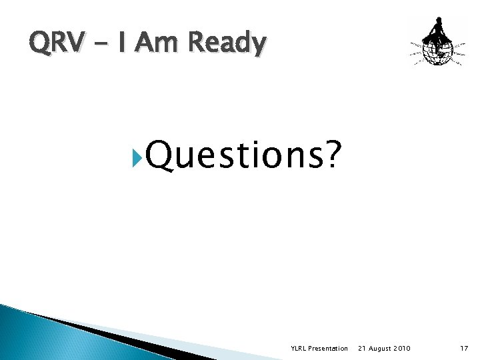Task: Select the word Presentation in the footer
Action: point(329,349)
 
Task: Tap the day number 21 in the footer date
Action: point(362,349)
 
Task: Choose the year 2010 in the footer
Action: point(402,349)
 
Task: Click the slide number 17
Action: point(465,349)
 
